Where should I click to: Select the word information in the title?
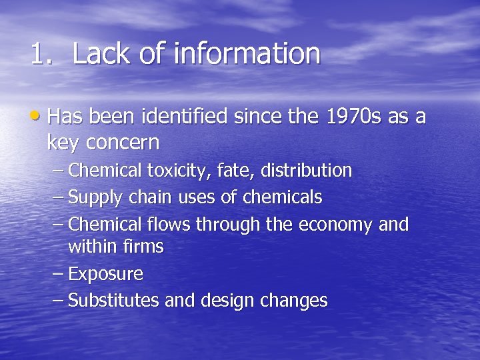tap(246, 54)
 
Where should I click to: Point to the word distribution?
tap(306, 171)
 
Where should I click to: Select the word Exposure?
tap(106, 274)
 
